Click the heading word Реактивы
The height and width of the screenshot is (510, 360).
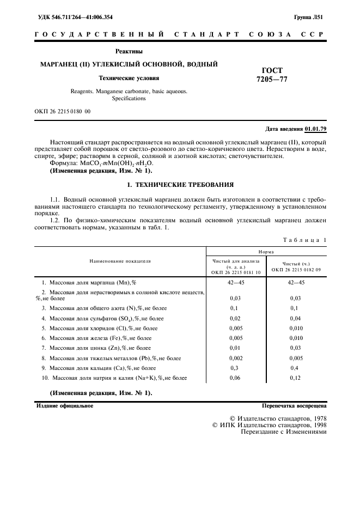[129, 51]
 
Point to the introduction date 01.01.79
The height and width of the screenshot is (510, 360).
[315, 129]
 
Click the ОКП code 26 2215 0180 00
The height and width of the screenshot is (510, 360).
[63, 111]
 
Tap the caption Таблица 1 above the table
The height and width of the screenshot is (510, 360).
[305, 240]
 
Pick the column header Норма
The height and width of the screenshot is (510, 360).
[266, 252]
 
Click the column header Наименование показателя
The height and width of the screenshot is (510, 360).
[120, 261]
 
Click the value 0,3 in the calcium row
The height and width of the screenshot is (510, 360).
[235, 368]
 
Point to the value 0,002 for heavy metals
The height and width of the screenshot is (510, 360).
[235, 358]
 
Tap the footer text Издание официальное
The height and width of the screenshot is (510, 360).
[65, 406]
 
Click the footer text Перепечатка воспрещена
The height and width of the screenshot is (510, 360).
[294, 406]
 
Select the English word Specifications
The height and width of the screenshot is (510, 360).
[129, 99]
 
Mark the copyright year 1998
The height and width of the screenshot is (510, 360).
[318, 424]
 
